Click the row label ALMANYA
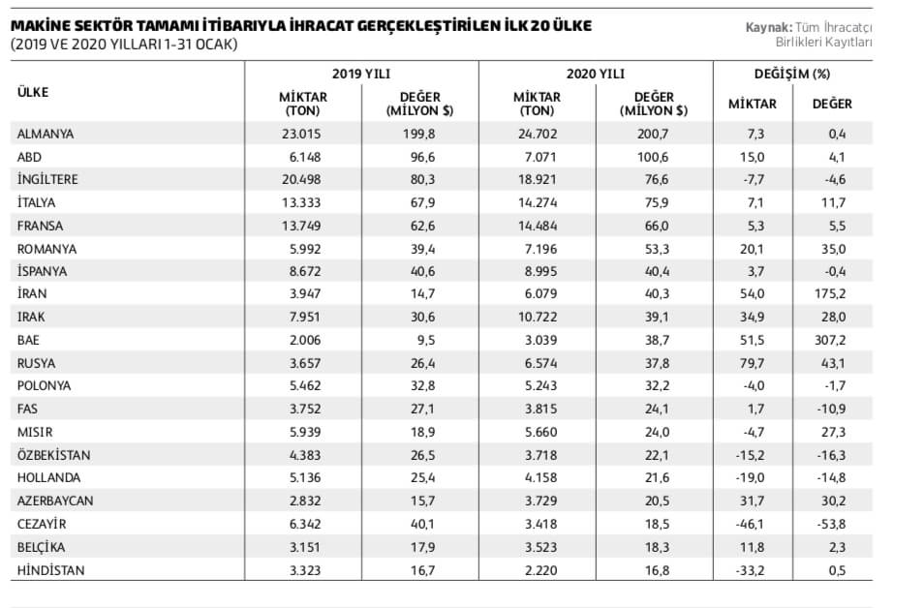coord(46,134)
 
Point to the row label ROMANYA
coord(46,250)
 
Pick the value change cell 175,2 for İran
coord(831,296)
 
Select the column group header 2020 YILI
coord(596,74)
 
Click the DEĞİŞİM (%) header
coord(791,74)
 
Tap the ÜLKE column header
coord(33,92)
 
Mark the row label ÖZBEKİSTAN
coord(55,454)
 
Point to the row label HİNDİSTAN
coord(50,570)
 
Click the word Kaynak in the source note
coord(768,27)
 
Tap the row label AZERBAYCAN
coord(54,501)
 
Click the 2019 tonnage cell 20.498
coord(303,180)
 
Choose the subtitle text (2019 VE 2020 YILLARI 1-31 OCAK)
coord(124,45)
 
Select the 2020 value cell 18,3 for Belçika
coord(655,547)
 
